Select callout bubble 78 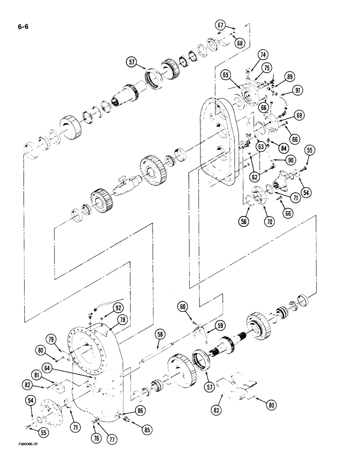click(122, 320)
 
